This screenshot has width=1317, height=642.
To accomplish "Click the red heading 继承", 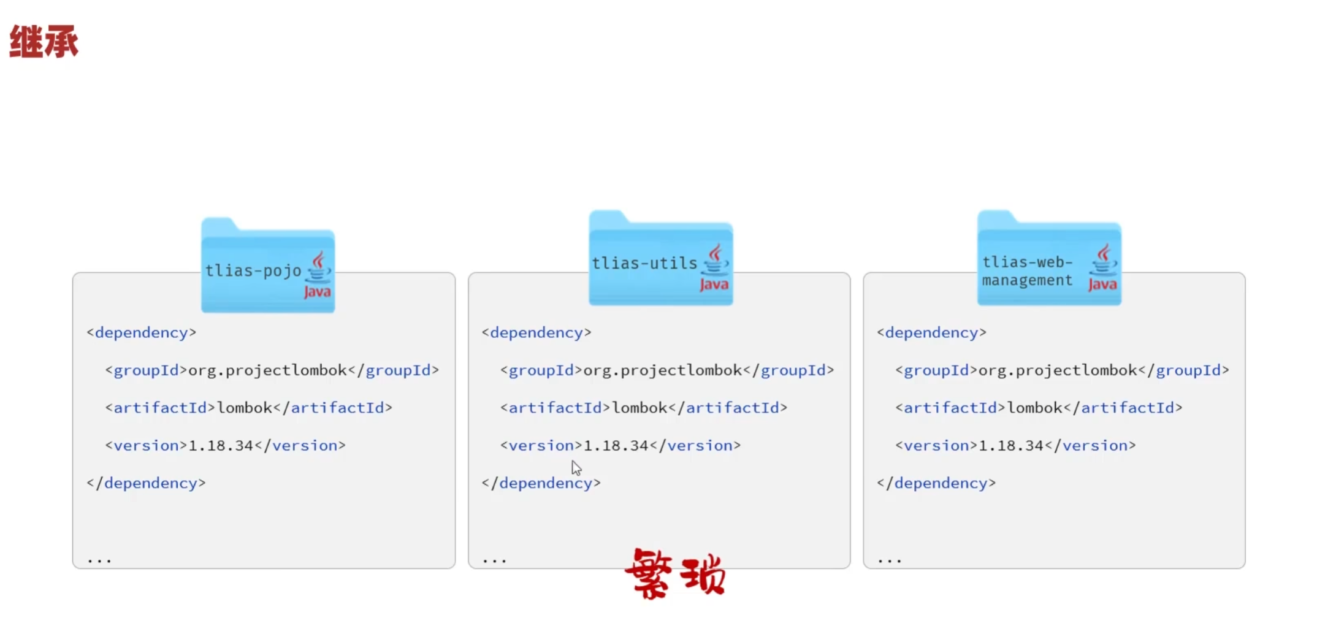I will point(44,42).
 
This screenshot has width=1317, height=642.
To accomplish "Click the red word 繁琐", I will point(675,573).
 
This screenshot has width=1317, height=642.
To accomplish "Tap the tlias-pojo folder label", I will point(253,270).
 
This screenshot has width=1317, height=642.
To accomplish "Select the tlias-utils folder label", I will point(644,263).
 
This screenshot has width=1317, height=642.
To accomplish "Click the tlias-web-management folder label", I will point(1027,271).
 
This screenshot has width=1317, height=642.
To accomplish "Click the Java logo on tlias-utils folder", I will point(714,268).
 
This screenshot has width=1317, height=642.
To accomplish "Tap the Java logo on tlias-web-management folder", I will point(1103,268).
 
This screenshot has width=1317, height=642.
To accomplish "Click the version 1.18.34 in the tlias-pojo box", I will point(221,446).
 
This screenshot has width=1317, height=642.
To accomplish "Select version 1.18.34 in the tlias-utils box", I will point(616,446).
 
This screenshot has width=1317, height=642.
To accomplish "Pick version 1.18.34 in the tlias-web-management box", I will point(1010,446).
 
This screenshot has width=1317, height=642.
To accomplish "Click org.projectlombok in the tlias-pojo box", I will point(267,370).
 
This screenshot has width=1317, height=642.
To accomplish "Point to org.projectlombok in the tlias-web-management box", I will point(1058,370).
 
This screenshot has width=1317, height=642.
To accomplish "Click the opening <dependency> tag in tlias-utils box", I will point(536,332).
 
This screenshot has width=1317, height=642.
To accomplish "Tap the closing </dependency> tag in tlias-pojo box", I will point(146,483).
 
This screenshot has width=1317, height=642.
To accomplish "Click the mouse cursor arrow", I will point(576,468).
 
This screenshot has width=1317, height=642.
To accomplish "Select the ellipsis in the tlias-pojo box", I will point(99,560).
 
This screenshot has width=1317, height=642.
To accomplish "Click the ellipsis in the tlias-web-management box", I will point(890,560).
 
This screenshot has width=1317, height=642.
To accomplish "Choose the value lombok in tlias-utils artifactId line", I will point(639,408).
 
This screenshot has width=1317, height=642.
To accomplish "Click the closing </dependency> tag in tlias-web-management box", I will point(936,483).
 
